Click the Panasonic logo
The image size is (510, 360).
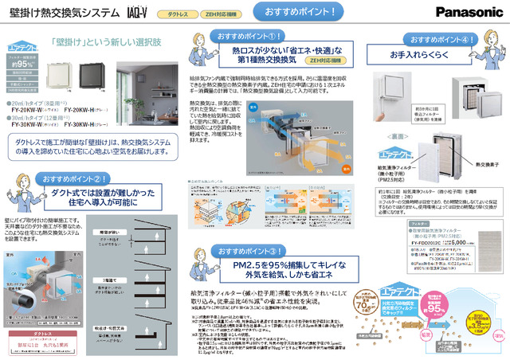(x=463, y=12)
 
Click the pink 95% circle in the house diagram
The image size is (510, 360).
(x=427, y=317)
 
